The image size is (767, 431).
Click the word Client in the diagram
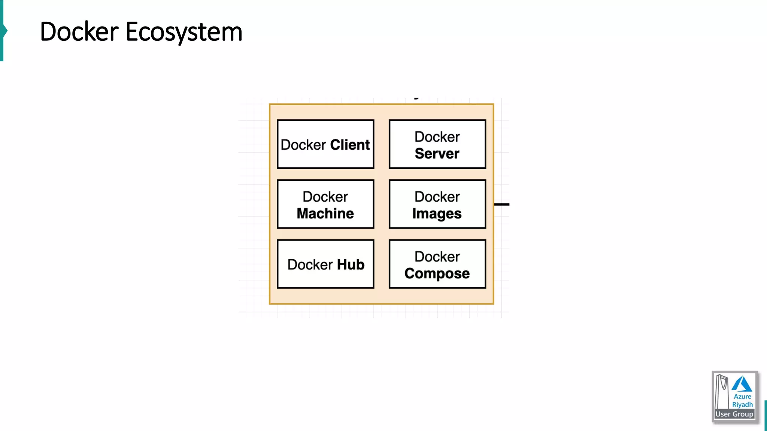(x=350, y=145)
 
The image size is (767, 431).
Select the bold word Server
(x=437, y=154)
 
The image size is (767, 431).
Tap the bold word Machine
(x=325, y=214)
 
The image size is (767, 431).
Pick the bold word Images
(x=437, y=214)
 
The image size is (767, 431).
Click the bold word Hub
(x=351, y=265)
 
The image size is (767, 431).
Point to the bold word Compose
(x=437, y=273)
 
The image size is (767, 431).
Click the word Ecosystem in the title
(x=184, y=32)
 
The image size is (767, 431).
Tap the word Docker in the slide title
(x=79, y=32)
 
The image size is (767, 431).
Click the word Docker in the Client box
(x=303, y=145)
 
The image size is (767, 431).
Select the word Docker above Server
(x=437, y=137)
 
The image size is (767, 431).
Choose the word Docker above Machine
(x=325, y=197)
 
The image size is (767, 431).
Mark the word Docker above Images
(x=437, y=197)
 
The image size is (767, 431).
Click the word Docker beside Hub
(x=310, y=265)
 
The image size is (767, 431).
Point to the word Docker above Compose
(x=437, y=257)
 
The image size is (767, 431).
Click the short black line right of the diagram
(x=502, y=204)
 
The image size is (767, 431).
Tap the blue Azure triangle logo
(x=742, y=384)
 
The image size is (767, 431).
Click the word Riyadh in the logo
(x=742, y=404)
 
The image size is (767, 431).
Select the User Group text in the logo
(x=734, y=414)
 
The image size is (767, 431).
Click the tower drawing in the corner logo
(x=722, y=391)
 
